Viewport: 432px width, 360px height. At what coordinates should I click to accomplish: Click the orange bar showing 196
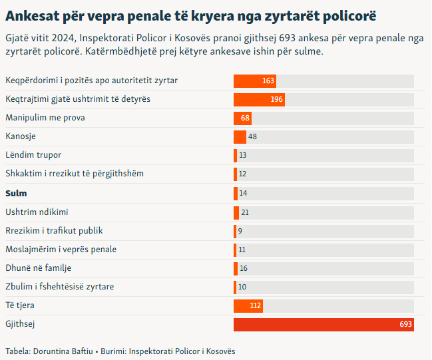coord(259,99)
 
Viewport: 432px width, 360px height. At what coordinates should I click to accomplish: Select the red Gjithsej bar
coord(324,324)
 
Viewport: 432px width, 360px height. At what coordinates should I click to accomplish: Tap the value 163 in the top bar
coord(268,81)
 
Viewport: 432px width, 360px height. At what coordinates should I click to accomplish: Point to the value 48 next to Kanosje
coord(252,136)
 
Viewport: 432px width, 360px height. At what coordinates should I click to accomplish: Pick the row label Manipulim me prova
coord(45,118)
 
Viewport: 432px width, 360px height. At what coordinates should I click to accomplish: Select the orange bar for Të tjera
coord(248,305)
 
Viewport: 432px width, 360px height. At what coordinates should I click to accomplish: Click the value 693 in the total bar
coord(406,324)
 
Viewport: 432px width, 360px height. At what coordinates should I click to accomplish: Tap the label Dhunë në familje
coord(39,268)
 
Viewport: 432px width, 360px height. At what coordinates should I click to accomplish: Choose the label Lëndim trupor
coord(33,155)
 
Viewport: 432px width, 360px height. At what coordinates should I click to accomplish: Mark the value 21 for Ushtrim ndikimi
coord(245,212)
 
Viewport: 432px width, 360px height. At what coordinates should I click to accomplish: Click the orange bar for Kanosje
coord(240,136)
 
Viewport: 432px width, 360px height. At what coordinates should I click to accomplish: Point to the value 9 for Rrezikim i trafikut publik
coord(240,231)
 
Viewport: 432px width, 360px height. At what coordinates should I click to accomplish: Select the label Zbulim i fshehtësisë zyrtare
coord(60,287)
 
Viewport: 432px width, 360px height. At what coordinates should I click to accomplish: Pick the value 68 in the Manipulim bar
coord(246,118)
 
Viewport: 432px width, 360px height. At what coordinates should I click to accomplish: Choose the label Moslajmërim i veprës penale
coord(61,250)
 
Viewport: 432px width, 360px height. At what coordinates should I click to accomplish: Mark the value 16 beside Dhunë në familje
coord(244,268)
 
